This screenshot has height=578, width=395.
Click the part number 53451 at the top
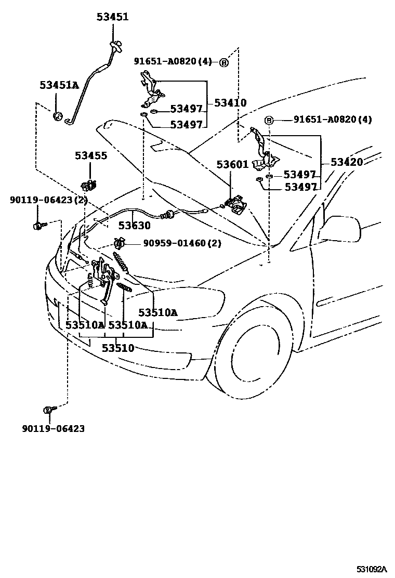pos(112,17)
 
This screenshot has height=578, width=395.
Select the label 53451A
pos(59,85)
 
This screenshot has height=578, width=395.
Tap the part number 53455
pos(90,155)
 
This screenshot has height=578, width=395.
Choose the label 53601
pos(232,165)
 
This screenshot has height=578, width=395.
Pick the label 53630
pos(134,226)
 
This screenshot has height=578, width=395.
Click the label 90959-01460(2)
pos(172,243)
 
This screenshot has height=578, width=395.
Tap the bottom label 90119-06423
pos(53,429)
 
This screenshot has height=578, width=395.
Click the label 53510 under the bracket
pos(118,348)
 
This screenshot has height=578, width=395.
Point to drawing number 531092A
pos(372,570)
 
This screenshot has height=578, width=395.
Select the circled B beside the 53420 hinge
pos(269,121)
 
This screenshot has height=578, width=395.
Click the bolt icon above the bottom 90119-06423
pos(49,410)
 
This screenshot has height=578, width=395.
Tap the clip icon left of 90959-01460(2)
pos(118,243)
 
